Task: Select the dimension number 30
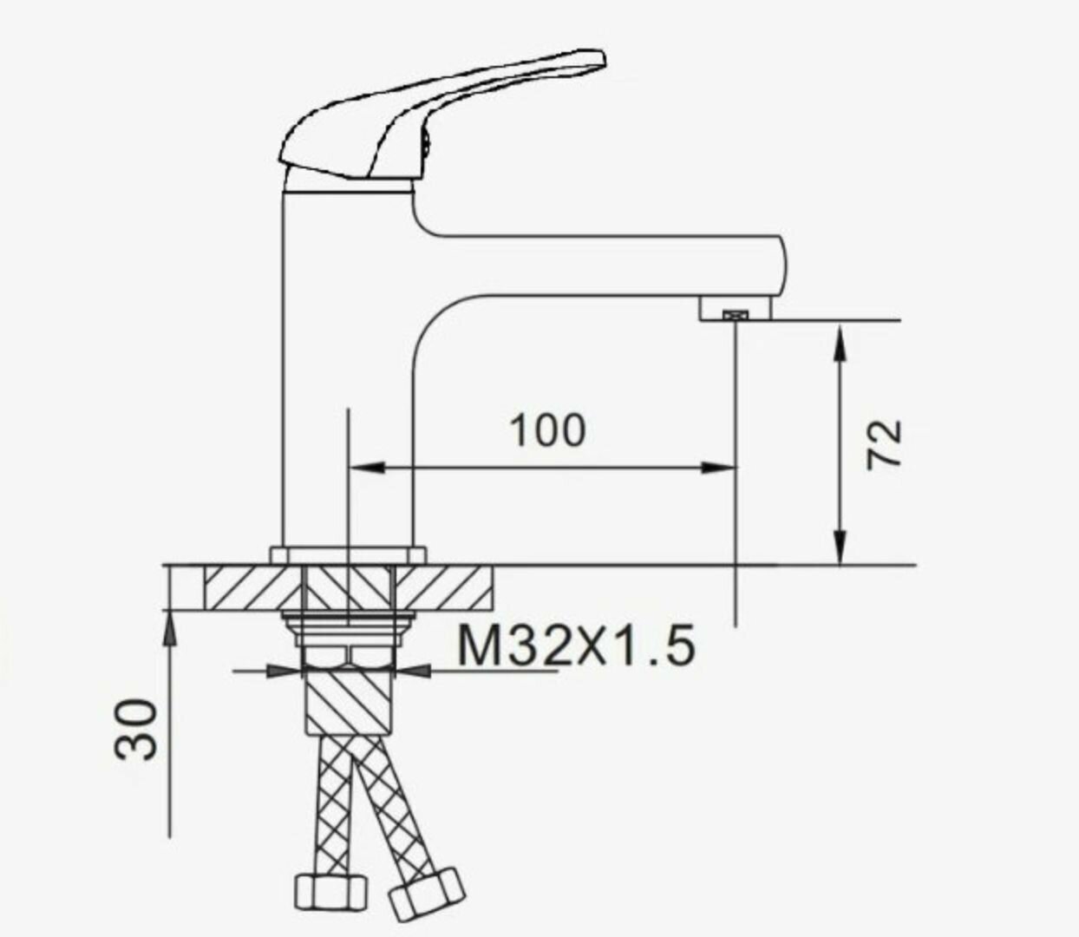(x=135, y=730)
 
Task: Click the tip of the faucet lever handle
(x=604, y=59)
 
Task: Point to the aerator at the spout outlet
(x=736, y=315)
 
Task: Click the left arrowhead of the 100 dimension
(x=367, y=467)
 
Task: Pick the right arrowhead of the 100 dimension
(x=718, y=467)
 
